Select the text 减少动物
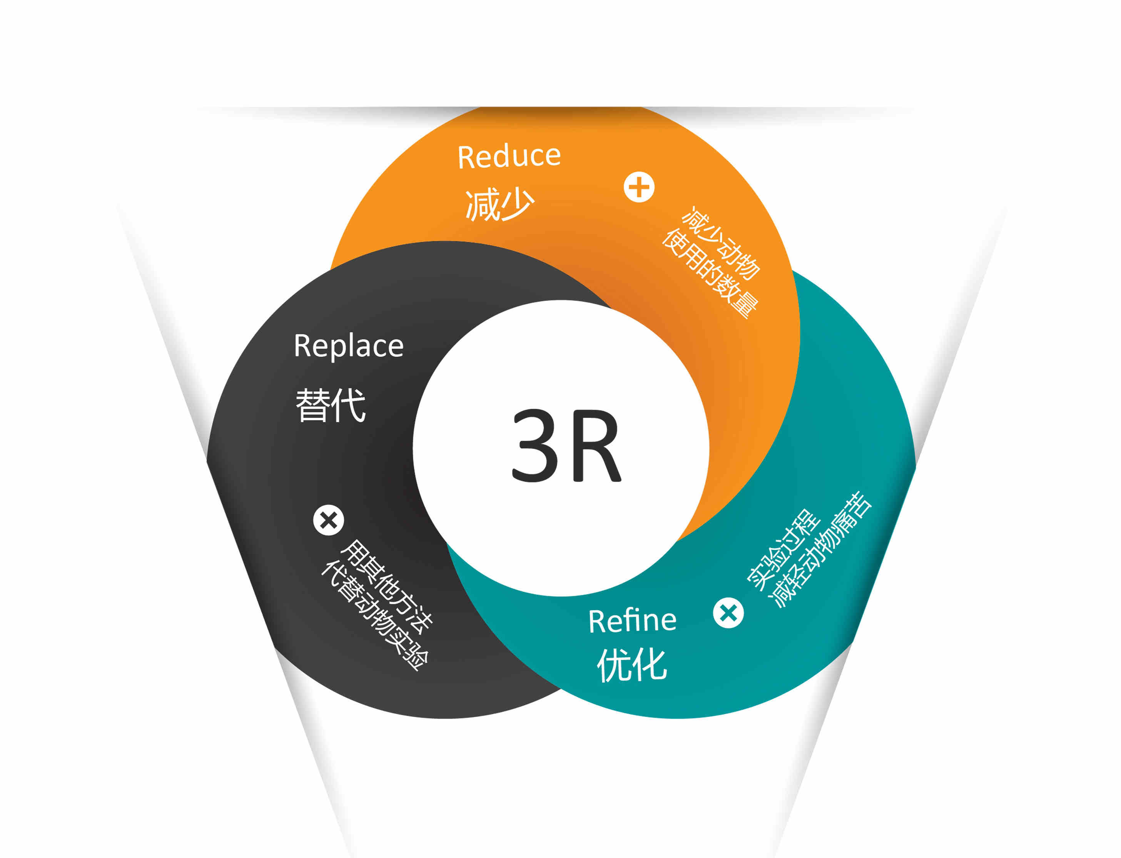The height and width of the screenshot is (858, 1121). point(722,243)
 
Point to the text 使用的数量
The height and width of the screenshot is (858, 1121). point(710,274)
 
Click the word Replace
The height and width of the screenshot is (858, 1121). point(349,346)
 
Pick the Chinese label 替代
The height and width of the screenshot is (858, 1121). point(331,405)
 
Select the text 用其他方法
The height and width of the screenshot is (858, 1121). point(387,586)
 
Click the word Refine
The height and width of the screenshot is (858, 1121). point(632,621)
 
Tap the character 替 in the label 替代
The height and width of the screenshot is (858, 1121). point(312,405)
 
